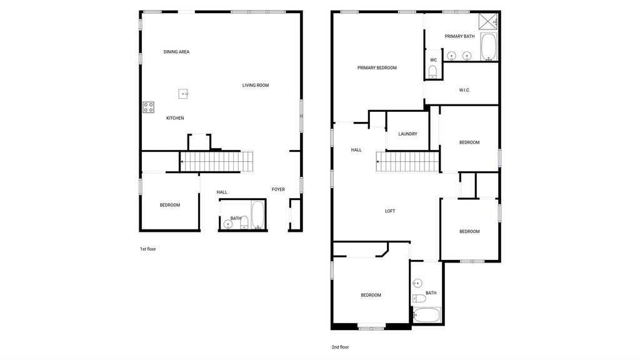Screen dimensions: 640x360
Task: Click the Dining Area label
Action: (x=176, y=52)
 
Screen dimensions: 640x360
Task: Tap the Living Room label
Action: (x=256, y=85)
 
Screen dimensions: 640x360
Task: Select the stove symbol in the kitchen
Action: (x=148, y=107)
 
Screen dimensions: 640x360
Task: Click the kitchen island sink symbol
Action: (x=183, y=94)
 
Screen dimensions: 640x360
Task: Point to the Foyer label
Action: (x=278, y=189)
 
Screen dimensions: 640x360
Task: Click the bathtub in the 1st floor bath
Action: (x=258, y=215)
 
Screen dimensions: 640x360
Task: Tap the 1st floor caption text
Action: (x=148, y=249)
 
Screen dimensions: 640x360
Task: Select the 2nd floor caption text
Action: (x=340, y=347)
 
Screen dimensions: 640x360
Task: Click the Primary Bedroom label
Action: (x=377, y=67)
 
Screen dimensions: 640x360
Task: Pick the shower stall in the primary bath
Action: (x=489, y=21)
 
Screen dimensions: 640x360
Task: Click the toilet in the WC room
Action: (x=432, y=72)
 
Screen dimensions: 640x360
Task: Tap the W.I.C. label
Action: (x=464, y=90)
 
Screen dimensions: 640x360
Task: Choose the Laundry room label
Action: (x=407, y=134)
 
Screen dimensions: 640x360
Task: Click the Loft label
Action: (x=390, y=211)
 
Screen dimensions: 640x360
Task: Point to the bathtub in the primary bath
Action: (x=489, y=46)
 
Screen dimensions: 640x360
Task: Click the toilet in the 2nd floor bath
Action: (x=419, y=298)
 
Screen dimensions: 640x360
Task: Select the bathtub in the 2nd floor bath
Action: (x=427, y=315)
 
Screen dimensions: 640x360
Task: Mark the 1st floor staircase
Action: (x=217, y=161)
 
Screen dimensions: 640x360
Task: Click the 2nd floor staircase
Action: (x=407, y=162)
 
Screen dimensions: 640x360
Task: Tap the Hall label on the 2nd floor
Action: (x=356, y=150)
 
